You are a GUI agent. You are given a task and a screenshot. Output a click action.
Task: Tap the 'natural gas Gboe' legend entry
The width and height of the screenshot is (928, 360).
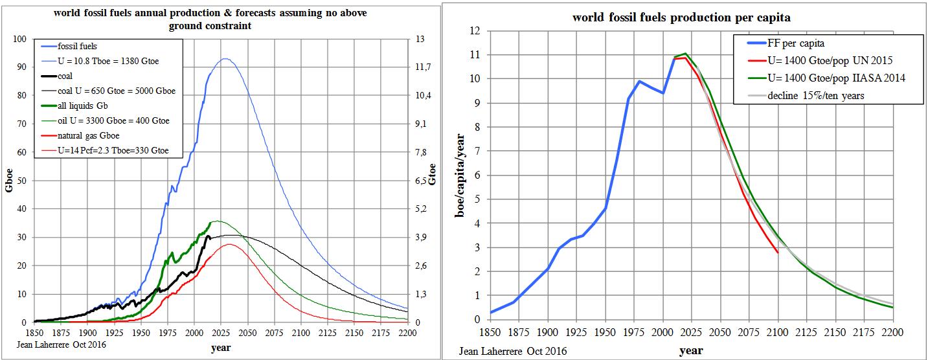tap(89, 136)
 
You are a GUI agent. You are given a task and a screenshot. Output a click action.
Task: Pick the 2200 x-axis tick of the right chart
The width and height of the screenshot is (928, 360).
tap(892, 332)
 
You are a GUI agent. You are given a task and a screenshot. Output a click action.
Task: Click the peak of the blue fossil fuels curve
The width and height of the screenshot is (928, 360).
tap(224, 59)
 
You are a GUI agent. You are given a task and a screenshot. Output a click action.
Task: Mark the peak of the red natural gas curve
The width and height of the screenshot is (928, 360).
tap(230, 244)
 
